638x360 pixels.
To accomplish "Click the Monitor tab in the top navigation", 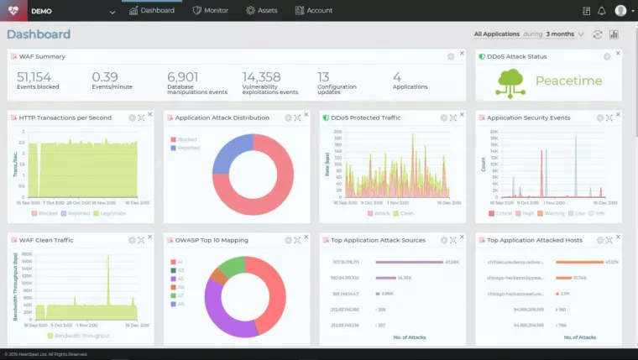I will click(x=210, y=11).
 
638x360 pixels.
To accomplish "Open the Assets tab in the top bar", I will click(x=262, y=11).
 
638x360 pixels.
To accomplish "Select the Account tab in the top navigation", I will click(x=314, y=11).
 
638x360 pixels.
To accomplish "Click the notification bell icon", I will click(x=601, y=11).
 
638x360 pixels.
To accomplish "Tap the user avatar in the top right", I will click(x=620, y=11).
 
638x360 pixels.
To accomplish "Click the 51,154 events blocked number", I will click(x=34, y=77).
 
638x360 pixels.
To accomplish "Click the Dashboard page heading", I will click(x=39, y=34).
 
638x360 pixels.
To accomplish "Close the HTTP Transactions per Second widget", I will click(x=149, y=115).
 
